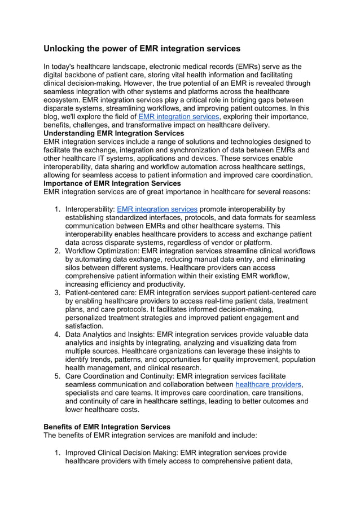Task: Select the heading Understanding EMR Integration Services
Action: tap(113, 133)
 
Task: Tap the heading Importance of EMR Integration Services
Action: tap(112, 183)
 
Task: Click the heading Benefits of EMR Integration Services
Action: tap(107, 427)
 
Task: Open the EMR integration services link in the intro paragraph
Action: tap(178, 117)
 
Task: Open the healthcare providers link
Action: tap(268, 385)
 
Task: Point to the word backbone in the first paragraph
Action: tap(84, 74)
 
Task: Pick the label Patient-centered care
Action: tap(100, 293)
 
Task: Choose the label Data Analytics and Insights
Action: tap(110, 335)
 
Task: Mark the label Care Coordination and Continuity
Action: tap(120, 376)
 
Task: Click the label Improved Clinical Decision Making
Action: tap(130, 453)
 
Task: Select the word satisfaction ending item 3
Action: tap(84, 326)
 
